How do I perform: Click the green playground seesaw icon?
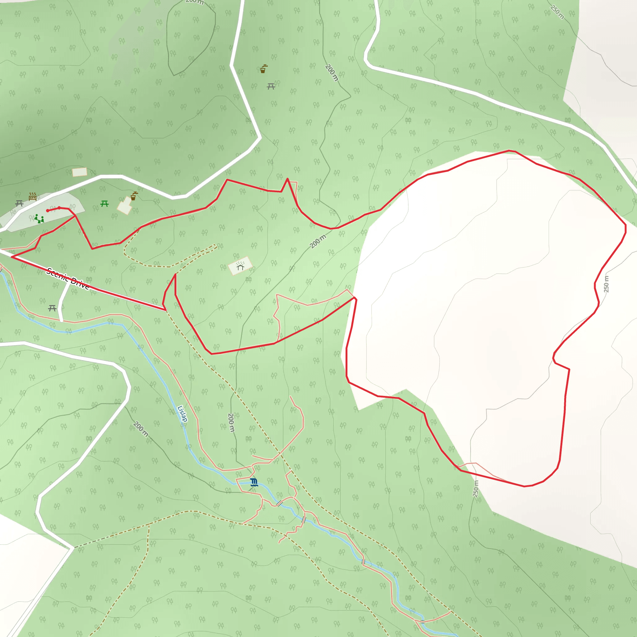click(x=39, y=219)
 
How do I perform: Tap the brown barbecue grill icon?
click(x=32, y=197)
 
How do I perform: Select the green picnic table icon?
click(x=105, y=204)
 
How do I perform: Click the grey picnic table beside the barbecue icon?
click(x=20, y=203)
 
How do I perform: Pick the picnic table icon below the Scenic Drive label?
click(x=52, y=308)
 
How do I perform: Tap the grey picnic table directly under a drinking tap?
click(x=271, y=86)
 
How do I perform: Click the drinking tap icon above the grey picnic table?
click(x=263, y=69)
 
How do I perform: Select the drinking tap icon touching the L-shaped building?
click(x=134, y=196)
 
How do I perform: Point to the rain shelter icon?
click(x=240, y=266)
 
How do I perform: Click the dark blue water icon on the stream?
click(x=253, y=482)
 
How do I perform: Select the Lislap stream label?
click(x=182, y=414)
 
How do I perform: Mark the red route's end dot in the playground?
click(x=48, y=211)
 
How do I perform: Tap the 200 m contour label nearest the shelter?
click(x=318, y=241)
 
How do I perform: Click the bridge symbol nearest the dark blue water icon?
click(x=280, y=504)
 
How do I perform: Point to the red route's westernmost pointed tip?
click(x=12, y=257)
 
